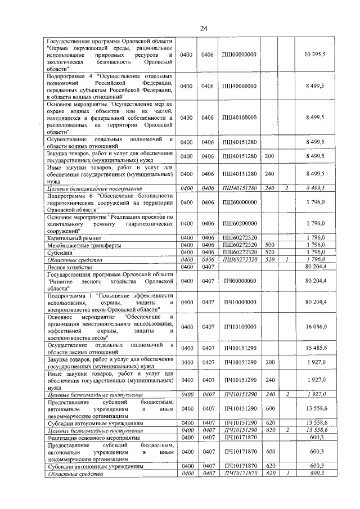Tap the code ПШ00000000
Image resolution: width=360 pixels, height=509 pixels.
(x=240, y=54)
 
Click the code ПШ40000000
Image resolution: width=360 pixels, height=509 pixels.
(x=240, y=86)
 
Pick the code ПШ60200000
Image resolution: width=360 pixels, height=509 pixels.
(x=240, y=224)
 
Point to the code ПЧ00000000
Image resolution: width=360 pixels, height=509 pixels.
(x=240, y=280)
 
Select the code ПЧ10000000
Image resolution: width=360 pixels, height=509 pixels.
(x=240, y=302)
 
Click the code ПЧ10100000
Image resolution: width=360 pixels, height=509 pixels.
(x=240, y=327)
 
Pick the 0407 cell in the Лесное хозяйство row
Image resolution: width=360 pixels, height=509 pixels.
(x=208, y=267)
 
